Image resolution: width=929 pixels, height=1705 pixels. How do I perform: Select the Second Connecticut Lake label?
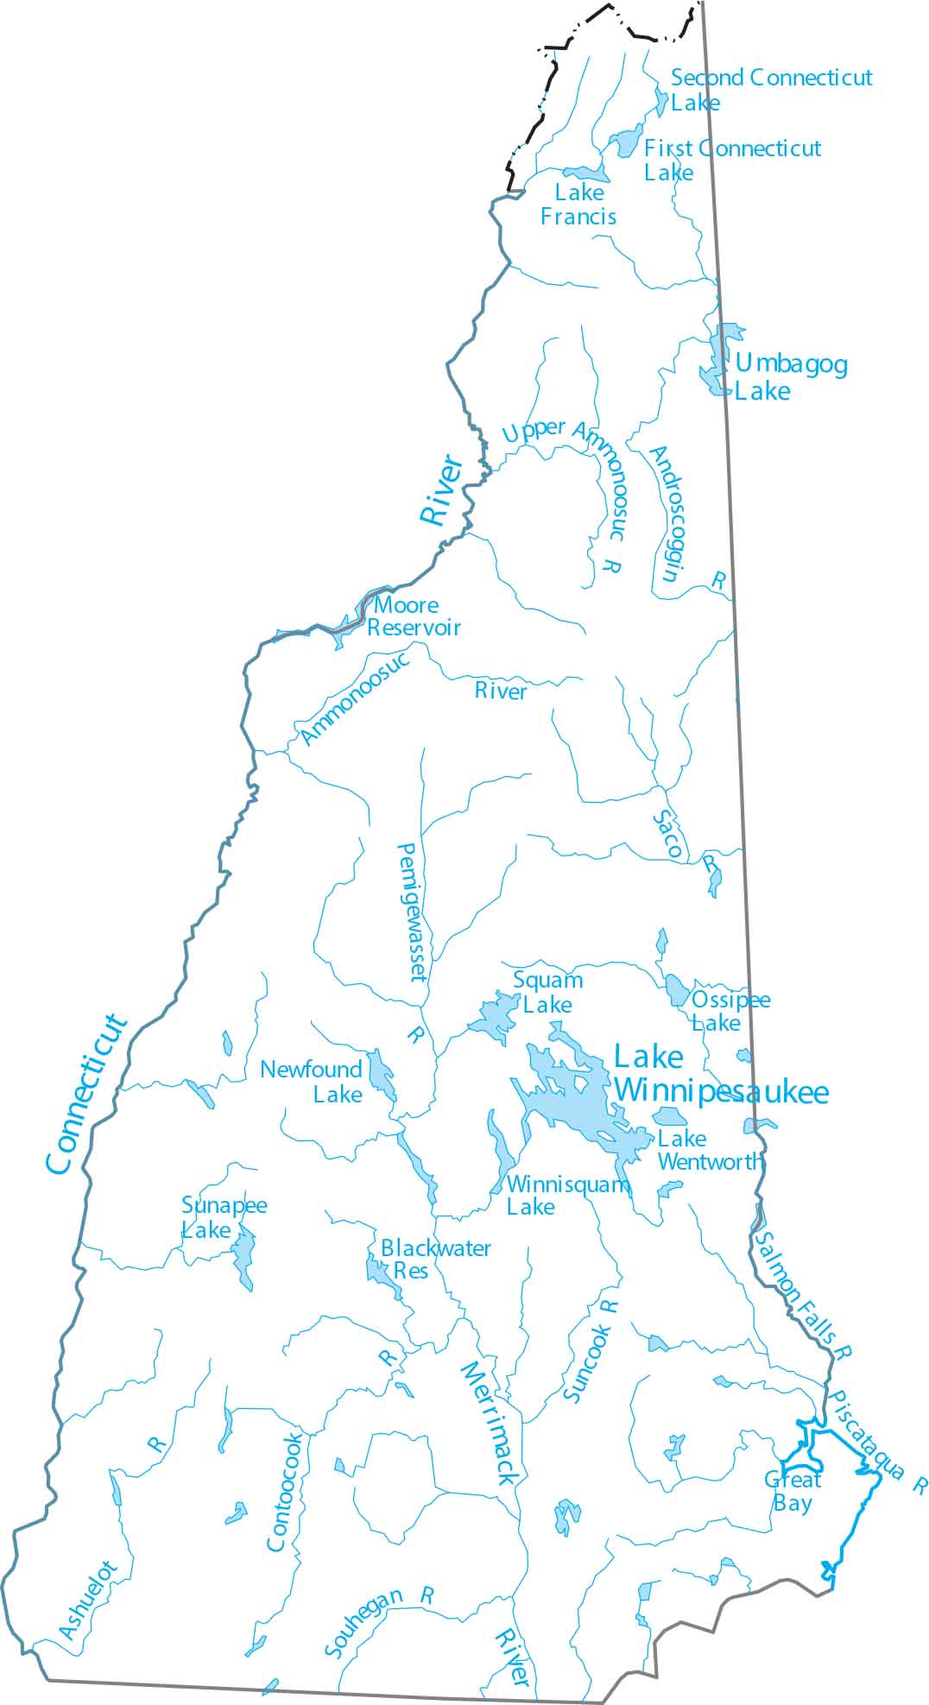pos(771,90)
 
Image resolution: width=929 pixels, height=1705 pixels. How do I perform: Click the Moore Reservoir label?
pos(413,616)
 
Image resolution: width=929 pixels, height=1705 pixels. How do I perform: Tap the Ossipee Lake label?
pos(730,1011)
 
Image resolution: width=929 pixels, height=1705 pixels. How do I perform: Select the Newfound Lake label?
pos(311,1082)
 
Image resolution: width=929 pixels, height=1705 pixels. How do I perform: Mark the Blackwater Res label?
pos(434,1260)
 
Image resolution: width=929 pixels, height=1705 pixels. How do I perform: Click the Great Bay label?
pos(793,1491)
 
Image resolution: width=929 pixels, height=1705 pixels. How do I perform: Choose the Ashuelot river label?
pos(88,1600)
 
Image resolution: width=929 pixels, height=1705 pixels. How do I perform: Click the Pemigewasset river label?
pos(411,912)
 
